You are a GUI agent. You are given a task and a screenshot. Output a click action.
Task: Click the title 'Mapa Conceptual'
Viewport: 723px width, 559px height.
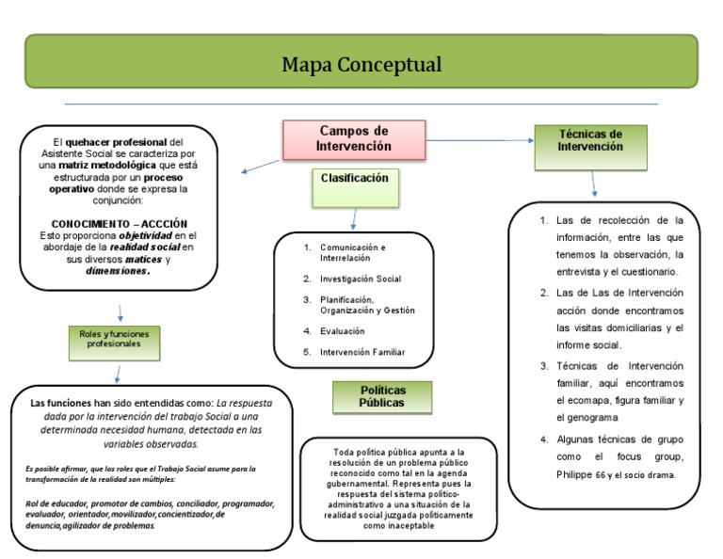point(361,65)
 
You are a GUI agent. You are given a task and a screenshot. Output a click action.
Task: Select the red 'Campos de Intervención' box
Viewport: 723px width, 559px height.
point(354,138)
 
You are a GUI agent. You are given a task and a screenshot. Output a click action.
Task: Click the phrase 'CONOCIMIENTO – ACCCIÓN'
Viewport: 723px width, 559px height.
point(120,223)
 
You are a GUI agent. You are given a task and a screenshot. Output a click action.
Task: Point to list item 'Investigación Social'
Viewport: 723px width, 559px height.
point(360,279)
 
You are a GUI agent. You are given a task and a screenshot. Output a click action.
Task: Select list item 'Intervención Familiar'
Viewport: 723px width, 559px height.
point(362,352)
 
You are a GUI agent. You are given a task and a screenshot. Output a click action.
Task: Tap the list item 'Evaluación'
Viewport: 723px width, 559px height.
point(342,331)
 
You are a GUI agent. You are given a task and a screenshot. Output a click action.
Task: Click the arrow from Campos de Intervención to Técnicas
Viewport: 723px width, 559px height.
point(480,140)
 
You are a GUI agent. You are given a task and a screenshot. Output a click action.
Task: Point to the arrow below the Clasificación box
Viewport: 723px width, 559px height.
point(354,218)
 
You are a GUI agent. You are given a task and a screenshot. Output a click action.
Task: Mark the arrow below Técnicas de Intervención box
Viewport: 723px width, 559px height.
point(593,183)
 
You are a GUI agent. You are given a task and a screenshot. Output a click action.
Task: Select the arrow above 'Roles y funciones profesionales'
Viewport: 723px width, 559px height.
point(120,312)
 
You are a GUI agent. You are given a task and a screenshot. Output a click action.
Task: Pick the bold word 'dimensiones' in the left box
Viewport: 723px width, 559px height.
point(118,270)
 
